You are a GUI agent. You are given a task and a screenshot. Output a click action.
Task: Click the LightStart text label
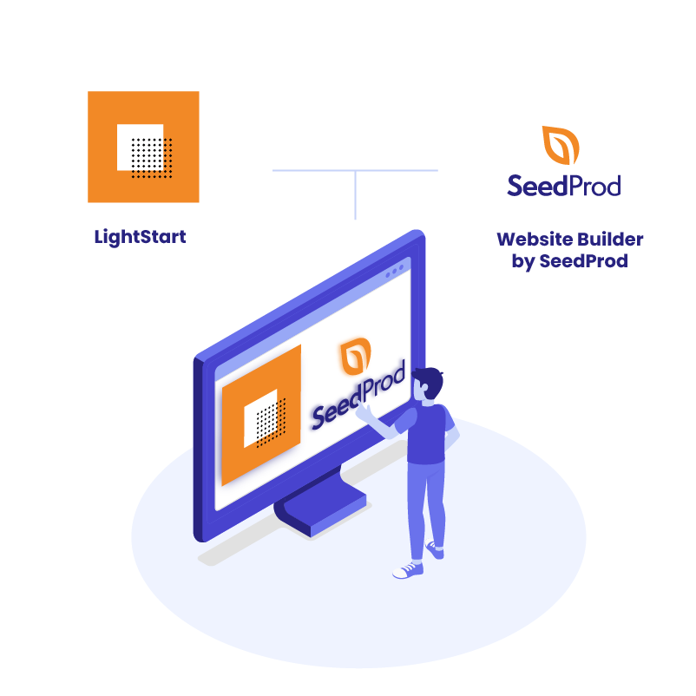pos(140,237)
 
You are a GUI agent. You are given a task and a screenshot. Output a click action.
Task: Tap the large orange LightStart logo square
pos(143,147)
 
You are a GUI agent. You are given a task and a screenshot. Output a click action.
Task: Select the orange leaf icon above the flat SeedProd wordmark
pos(561,145)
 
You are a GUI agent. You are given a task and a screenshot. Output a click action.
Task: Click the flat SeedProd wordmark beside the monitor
pos(564,186)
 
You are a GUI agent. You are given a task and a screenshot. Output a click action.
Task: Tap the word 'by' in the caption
pos(523,261)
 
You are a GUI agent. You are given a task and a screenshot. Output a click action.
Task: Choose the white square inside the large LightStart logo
pos(140,147)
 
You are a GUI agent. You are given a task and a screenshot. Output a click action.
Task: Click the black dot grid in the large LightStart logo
pos(152,158)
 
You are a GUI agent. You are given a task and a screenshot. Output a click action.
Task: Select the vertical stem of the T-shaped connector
pos(355,195)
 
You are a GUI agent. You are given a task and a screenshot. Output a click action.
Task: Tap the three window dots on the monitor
pos(395,272)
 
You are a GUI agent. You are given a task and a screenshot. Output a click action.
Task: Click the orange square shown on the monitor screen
pos(261,415)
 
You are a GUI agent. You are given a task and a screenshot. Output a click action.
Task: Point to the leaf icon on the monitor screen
pos(355,355)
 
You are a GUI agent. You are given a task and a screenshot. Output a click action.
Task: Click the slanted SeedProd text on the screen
pos(358,396)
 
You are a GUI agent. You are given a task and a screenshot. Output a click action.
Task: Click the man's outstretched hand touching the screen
pos(364,411)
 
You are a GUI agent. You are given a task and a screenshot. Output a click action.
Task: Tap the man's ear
pos(424,387)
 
